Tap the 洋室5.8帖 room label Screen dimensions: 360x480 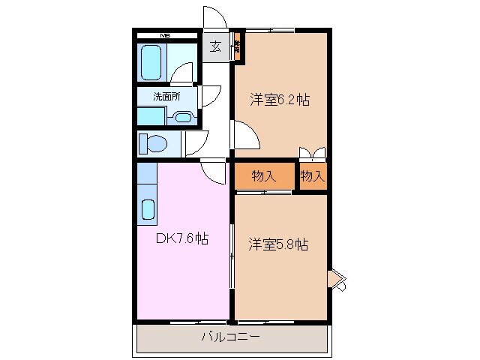(x=280, y=244)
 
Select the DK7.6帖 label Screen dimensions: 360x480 (x=181, y=239)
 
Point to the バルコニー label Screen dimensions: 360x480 (x=230, y=337)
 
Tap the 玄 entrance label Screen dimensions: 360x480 (x=215, y=47)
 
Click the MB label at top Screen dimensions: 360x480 (x=164, y=34)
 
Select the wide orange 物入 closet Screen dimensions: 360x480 (x=263, y=177)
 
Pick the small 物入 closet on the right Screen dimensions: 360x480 (x=312, y=176)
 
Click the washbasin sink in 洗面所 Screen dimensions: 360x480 (x=183, y=117)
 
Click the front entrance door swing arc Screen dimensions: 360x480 (x=214, y=19)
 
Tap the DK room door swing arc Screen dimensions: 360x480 (x=214, y=173)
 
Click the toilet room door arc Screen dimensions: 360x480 (x=196, y=142)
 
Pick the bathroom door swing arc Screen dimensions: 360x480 (x=182, y=73)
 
